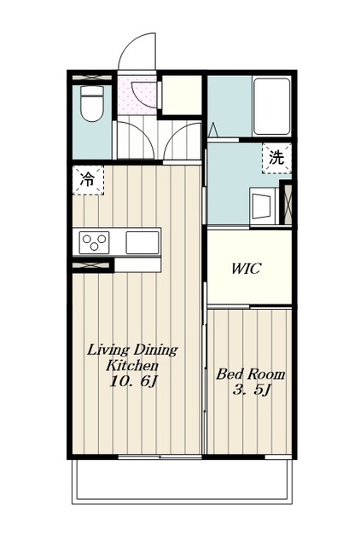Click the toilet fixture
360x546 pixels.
point(92,103)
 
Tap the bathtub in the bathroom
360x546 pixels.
point(271,106)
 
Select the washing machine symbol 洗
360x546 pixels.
point(276,159)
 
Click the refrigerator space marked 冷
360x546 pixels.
point(88,180)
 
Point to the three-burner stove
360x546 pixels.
point(95,242)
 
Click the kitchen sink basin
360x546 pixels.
point(142,242)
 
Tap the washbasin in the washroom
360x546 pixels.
point(263,206)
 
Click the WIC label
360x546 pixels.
point(247,269)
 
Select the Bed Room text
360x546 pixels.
point(251,375)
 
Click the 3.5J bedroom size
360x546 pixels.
point(252,391)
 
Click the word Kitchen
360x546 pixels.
point(132,366)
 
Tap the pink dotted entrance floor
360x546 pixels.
point(136,95)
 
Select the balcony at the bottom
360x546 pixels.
point(182,481)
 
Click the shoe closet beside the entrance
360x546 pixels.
point(182,95)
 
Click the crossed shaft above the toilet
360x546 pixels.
point(92,78)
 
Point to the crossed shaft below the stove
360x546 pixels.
point(92,265)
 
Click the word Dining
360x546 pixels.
point(156,350)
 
